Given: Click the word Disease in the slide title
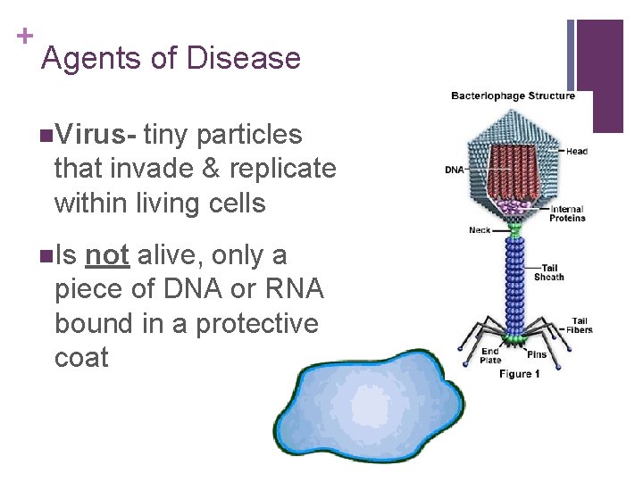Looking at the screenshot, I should tap(244, 59).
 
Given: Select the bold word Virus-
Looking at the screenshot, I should tap(94, 135).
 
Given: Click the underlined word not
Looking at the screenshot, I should tap(108, 255).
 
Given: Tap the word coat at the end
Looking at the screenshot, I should tap(81, 358).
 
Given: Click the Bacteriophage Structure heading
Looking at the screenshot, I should tap(513, 96).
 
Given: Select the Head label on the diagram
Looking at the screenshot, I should tap(577, 152).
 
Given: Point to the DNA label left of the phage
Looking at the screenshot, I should tap(455, 170).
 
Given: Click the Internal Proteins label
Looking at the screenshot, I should tap(567, 213).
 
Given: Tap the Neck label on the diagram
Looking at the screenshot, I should tap(480, 230).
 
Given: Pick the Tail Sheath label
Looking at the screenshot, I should tap(549, 272).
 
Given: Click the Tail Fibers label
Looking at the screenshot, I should tap(580, 325).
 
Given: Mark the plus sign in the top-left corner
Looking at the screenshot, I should tap(23, 36).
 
